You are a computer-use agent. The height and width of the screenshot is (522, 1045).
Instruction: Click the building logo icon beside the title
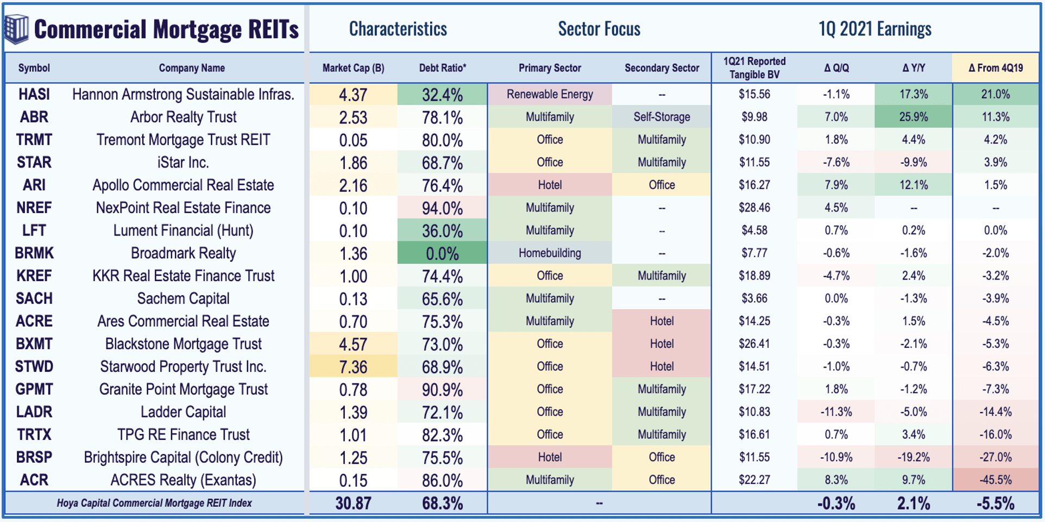tap(16, 29)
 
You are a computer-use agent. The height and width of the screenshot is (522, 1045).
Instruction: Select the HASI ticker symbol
tap(34, 95)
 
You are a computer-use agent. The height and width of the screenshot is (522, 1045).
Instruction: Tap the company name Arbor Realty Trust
tap(183, 117)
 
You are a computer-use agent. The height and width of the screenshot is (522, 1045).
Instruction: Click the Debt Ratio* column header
tap(442, 68)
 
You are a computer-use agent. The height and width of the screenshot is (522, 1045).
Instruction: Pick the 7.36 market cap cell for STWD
tap(353, 367)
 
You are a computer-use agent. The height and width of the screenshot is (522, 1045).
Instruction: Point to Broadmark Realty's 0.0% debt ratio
tap(442, 254)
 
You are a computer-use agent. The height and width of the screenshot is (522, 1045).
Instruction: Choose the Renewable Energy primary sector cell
tap(550, 95)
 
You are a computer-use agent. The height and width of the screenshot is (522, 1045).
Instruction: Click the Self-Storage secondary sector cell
tap(662, 117)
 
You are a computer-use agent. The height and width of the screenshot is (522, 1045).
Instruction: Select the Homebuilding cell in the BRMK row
tap(550, 253)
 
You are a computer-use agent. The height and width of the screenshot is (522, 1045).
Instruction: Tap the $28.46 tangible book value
tap(754, 208)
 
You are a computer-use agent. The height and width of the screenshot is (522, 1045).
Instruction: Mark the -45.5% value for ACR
tap(995, 480)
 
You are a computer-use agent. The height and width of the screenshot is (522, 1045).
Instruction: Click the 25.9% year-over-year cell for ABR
tap(914, 117)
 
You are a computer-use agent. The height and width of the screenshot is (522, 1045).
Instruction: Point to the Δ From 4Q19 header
tap(995, 68)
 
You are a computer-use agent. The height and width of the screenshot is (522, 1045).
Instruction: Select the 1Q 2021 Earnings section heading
tap(874, 29)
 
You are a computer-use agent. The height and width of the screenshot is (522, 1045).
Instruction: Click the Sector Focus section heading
tap(599, 29)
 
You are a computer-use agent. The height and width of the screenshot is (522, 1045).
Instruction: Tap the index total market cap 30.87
tap(353, 504)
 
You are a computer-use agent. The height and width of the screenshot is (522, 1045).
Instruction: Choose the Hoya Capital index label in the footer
tap(154, 504)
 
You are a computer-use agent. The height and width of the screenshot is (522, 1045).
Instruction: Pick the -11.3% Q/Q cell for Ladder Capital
tap(836, 412)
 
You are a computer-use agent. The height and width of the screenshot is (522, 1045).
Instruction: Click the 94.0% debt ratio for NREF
tap(442, 208)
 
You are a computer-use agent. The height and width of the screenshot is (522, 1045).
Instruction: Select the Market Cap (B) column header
tap(353, 68)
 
